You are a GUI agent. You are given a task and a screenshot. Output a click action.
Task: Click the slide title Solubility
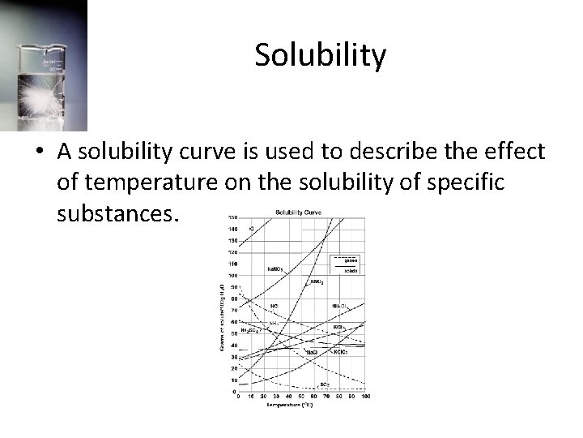click(x=320, y=55)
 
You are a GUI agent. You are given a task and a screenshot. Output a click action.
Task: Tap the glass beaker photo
click(x=44, y=65)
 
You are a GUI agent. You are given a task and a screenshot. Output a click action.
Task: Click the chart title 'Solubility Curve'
click(x=298, y=213)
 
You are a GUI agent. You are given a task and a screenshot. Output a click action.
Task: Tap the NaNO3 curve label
click(x=276, y=268)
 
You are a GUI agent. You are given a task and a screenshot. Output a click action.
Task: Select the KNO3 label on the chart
click(x=317, y=281)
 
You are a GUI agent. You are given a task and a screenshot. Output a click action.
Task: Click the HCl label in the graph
click(x=275, y=307)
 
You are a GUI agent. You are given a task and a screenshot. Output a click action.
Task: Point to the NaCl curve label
click(x=312, y=353)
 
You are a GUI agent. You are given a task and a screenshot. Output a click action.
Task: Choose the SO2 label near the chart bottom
click(x=324, y=383)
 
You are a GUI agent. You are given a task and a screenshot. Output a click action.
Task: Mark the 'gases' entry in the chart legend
click(x=351, y=260)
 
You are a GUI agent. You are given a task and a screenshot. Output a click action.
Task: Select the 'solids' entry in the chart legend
click(x=351, y=270)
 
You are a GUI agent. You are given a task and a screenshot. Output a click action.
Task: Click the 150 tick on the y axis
click(x=232, y=217)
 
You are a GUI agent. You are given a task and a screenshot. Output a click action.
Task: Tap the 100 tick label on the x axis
click(x=365, y=396)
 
